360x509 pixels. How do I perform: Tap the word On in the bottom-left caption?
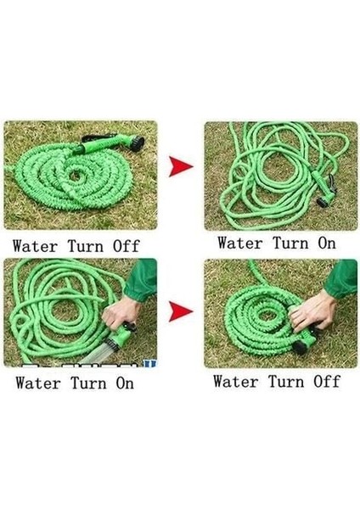(122, 383)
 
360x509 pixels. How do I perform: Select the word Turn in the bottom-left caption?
(87, 383)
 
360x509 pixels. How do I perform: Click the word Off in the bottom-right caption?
(325, 382)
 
